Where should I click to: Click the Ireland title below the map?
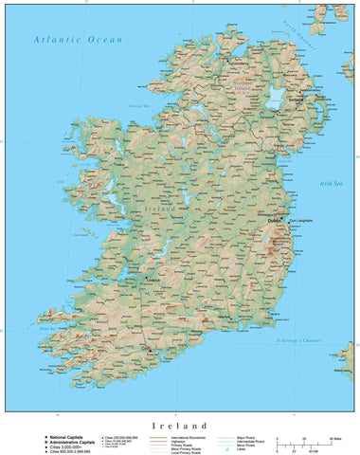pos(179,426)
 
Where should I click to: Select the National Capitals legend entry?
pos(65,436)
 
